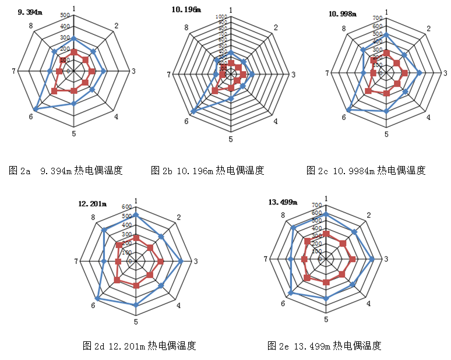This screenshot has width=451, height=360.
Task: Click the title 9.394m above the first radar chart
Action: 30,12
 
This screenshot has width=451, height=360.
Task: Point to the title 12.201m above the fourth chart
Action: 93,203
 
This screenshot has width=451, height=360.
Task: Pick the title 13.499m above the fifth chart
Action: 283,202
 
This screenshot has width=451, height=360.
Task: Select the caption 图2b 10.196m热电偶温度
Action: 207,171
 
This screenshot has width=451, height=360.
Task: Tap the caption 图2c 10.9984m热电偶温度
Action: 366,171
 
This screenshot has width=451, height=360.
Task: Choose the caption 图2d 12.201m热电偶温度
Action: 139,346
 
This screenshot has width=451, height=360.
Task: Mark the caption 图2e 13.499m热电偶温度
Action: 325,346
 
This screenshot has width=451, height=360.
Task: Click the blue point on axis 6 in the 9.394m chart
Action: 36,109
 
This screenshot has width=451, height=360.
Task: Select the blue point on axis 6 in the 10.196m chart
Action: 193,111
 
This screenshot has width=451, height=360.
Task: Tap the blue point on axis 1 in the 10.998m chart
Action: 386,34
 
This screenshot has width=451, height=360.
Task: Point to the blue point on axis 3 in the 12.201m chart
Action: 181,261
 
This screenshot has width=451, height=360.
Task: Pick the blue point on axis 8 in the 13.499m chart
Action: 293,227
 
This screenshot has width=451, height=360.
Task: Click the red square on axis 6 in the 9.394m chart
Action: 54,91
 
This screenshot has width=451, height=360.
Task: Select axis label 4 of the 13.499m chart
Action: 368,303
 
